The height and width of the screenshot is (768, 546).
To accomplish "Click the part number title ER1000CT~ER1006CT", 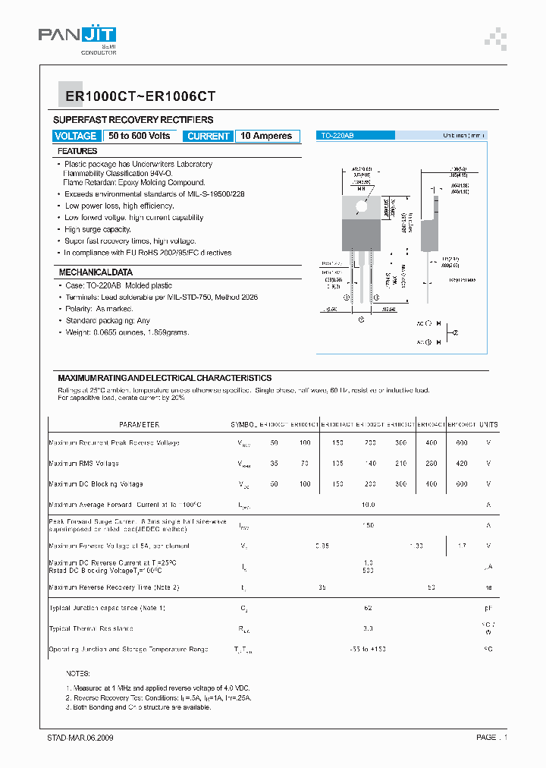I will coord(135,96).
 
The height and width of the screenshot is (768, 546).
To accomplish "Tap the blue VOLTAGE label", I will coord(76,136).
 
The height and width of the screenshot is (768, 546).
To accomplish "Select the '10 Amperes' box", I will coord(266,136).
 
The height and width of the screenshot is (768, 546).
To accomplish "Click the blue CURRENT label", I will coord(208,136).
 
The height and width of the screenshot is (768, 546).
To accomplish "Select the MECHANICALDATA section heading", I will coord(96,272).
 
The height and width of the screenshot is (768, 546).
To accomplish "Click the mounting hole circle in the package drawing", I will coord(361,205).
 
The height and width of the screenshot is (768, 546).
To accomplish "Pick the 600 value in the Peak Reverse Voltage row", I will coord(461,442).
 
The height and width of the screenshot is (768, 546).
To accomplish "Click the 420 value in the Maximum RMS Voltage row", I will coord(461,463).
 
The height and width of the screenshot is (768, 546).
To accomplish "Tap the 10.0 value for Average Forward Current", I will coord(368,504).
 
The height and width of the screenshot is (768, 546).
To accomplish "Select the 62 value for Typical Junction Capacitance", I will coord(368,608).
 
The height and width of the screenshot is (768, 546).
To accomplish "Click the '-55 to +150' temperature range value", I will coord(368,650).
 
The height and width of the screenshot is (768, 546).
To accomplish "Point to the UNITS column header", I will coord(489,425).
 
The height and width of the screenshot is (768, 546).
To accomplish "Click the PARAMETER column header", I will coord(139,425).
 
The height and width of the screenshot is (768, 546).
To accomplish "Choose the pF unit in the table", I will coord(489,608).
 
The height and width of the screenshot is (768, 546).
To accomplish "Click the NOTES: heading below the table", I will coord(78,673).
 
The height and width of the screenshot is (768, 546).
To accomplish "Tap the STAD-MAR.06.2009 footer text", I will coord(80,738).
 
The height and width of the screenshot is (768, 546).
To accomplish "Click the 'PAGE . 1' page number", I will coord(491,738).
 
